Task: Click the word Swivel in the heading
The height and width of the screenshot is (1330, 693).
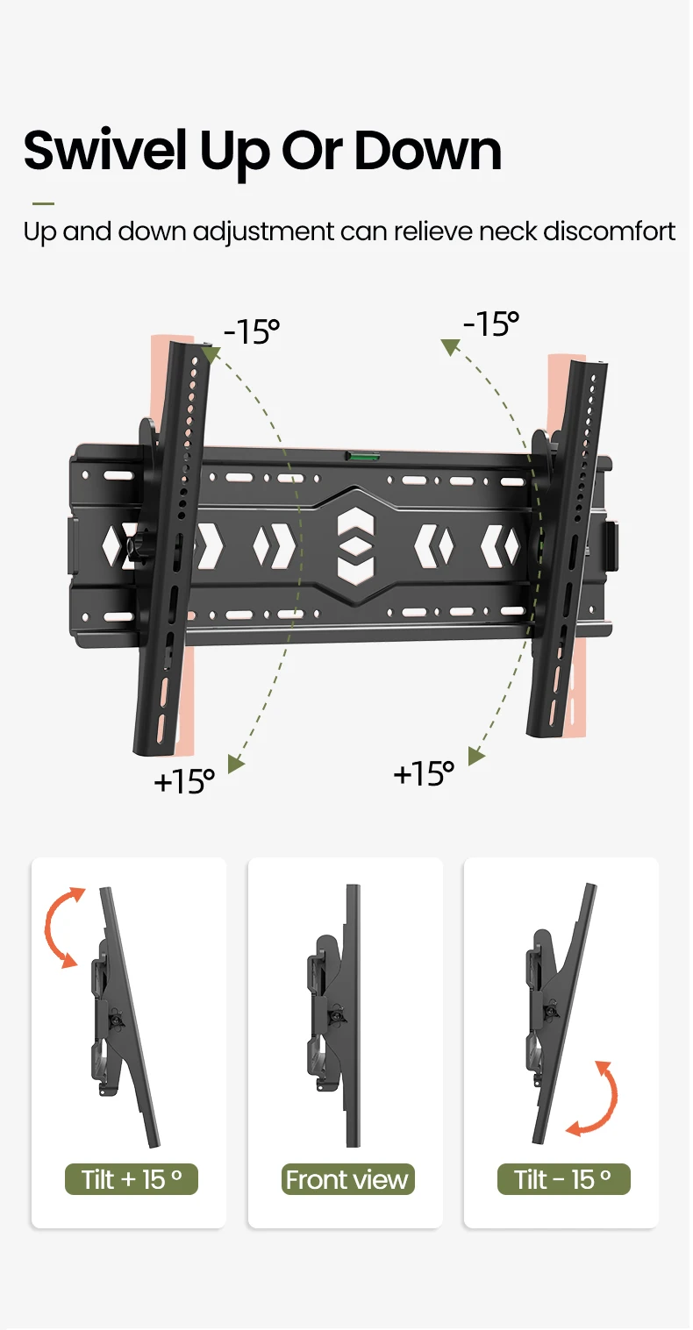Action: (x=105, y=150)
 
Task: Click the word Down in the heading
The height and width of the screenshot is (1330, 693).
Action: (x=428, y=151)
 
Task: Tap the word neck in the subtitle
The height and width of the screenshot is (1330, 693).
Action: (x=506, y=231)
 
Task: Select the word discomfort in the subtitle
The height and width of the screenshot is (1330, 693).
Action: (x=610, y=231)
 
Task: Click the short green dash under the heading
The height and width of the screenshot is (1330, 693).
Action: (x=43, y=203)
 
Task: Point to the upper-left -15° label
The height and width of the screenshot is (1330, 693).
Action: (x=252, y=331)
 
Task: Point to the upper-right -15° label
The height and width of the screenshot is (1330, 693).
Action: (x=491, y=324)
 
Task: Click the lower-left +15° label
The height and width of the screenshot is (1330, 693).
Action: (x=184, y=781)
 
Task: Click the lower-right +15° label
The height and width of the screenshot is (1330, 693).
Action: (x=424, y=773)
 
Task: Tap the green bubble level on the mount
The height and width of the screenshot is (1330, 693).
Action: (x=358, y=456)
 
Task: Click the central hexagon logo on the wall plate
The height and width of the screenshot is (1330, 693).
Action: (x=355, y=546)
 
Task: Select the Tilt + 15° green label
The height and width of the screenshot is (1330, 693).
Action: (x=132, y=1179)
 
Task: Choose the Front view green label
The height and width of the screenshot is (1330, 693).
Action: (x=347, y=1179)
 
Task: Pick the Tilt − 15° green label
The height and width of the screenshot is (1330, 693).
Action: (x=563, y=1179)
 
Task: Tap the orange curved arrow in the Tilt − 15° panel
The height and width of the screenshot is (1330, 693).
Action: (x=611, y=1099)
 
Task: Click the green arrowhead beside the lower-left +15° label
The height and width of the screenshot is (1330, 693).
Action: (x=236, y=764)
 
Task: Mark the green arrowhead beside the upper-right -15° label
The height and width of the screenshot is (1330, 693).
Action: (x=451, y=346)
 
